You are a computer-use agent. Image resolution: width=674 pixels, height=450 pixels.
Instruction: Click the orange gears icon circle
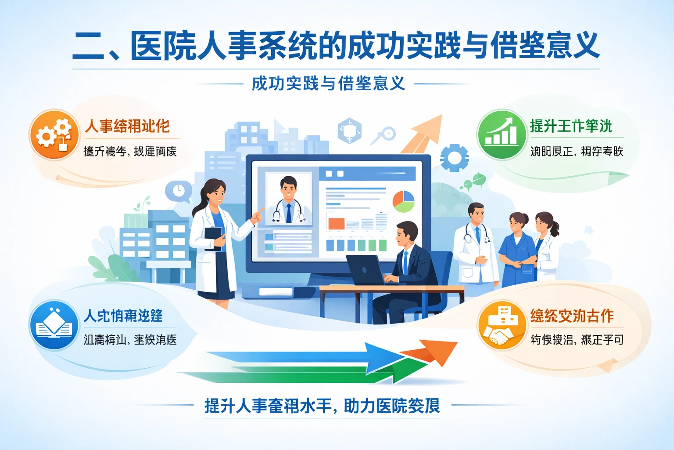click(54, 134)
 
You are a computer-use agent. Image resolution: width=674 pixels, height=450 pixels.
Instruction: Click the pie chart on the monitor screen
click(403, 202)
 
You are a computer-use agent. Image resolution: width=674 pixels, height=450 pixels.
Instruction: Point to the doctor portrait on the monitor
click(288, 199)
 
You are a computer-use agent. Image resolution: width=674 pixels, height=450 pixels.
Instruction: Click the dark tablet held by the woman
click(214, 238)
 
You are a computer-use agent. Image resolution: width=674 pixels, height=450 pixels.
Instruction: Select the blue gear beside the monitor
click(454, 157)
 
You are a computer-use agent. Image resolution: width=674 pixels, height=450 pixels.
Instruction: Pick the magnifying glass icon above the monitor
click(384, 134)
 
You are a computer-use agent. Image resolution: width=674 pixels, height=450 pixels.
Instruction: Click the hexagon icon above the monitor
click(349, 131)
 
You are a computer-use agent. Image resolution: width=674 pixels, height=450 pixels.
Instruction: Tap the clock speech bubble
click(179, 191)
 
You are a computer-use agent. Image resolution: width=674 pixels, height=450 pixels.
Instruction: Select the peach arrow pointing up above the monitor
click(423, 132)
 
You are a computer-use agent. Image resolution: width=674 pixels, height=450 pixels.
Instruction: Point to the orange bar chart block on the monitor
click(337, 224)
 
